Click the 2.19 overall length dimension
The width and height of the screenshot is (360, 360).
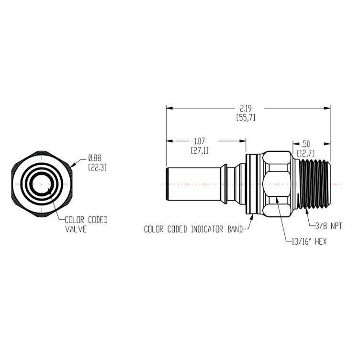pyautogui.click(x=245, y=109)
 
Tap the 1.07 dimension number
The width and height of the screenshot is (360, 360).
pyautogui.click(x=200, y=141)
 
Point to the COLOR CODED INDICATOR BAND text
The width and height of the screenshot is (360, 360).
pyautogui.click(x=192, y=229)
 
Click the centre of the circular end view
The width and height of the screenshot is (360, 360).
pyautogui.click(x=42, y=183)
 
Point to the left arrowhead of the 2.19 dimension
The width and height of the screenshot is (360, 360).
pyautogui.click(x=169, y=108)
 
